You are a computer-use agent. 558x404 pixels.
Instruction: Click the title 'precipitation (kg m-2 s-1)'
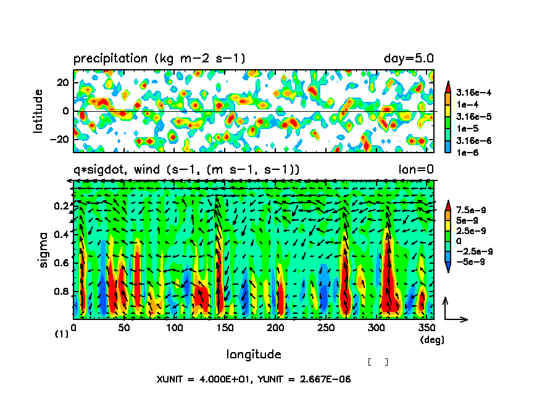[159, 59]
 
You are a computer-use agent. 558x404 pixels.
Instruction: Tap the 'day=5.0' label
[409, 59]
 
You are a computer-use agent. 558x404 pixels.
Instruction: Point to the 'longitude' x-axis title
[254, 355]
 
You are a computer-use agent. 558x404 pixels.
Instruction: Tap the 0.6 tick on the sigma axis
[60, 263]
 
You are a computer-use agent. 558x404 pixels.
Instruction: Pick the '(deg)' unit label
[431, 340]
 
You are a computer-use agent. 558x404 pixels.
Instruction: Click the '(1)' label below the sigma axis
[61, 334]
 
